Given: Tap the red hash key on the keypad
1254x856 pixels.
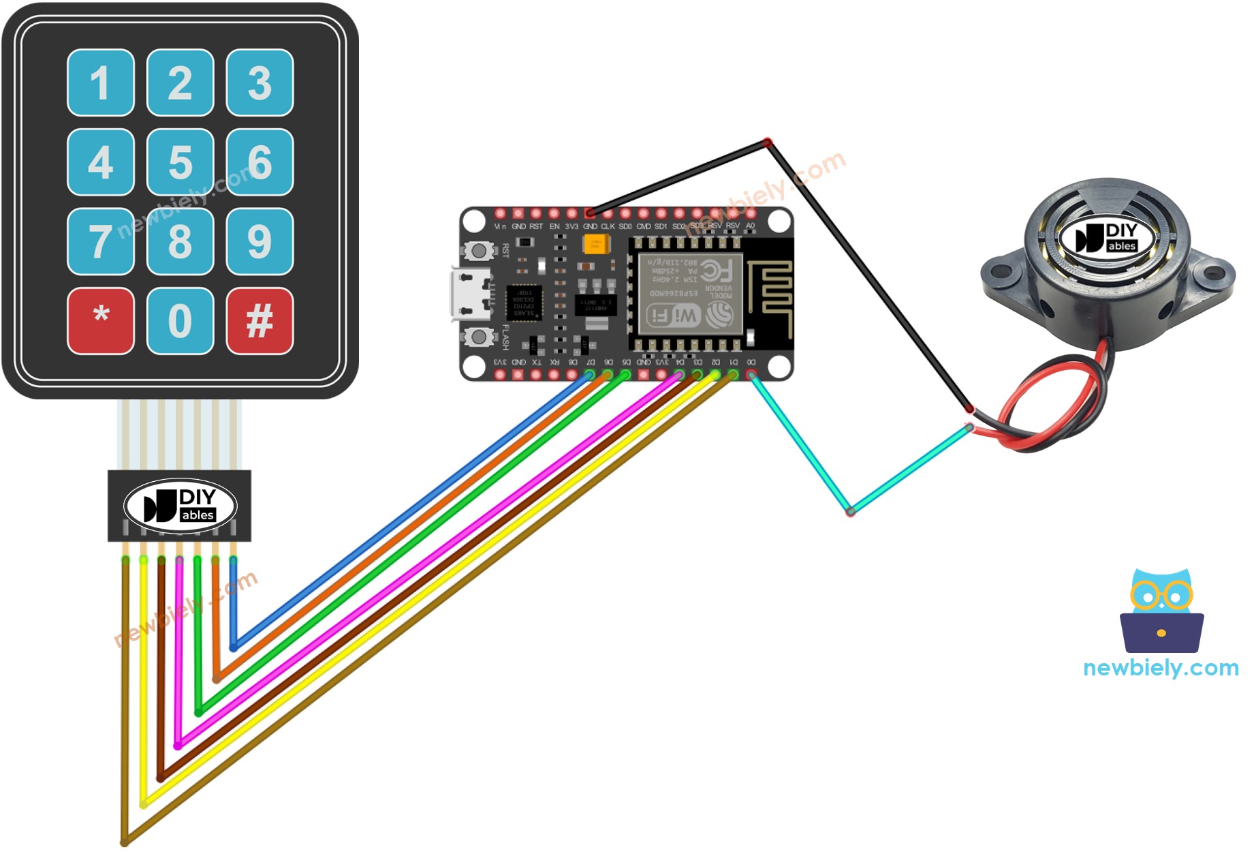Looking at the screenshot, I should pos(260,321).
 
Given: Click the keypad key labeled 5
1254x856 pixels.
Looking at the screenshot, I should pos(180,162).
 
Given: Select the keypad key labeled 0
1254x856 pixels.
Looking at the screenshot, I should pos(180,321).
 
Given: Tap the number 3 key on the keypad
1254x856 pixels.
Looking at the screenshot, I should pos(260,82).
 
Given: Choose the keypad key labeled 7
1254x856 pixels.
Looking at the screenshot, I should pos(100,241).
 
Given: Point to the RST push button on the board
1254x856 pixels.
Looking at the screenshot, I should pos(479,251).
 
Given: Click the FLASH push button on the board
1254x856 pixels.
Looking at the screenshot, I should pos(479,337).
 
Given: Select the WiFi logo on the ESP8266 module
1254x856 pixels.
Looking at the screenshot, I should pos(673,315).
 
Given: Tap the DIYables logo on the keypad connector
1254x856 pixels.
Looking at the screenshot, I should pos(180,506).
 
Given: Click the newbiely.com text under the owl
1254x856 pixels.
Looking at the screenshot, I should pos(1160,668).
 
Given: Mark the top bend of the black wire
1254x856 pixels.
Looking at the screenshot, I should pos(768,142).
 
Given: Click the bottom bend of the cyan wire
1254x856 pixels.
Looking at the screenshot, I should pos(850,511).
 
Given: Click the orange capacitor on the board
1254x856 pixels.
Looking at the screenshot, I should pos(595,243).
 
